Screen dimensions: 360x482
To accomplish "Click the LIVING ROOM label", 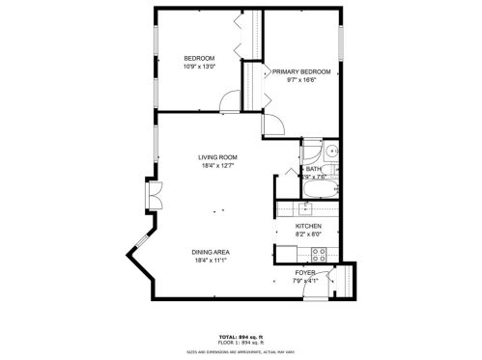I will click(x=217, y=157).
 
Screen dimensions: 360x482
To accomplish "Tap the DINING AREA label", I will click(x=216, y=252).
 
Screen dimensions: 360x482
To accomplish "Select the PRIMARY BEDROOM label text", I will click(x=301, y=72).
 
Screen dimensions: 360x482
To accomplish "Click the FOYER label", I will click(x=305, y=273).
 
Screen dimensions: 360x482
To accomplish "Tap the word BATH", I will click(x=313, y=169).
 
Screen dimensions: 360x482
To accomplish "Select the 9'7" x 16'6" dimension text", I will click(x=301, y=81).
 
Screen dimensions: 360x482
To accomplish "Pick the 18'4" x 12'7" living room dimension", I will click(x=217, y=166).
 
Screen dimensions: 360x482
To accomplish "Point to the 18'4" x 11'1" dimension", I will click(x=216, y=261).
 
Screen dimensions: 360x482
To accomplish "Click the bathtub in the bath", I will click(x=319, y=190).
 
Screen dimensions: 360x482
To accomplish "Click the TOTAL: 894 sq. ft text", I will click(x=246, y=335).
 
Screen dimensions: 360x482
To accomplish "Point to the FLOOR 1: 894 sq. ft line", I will click(x=246, y=342).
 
